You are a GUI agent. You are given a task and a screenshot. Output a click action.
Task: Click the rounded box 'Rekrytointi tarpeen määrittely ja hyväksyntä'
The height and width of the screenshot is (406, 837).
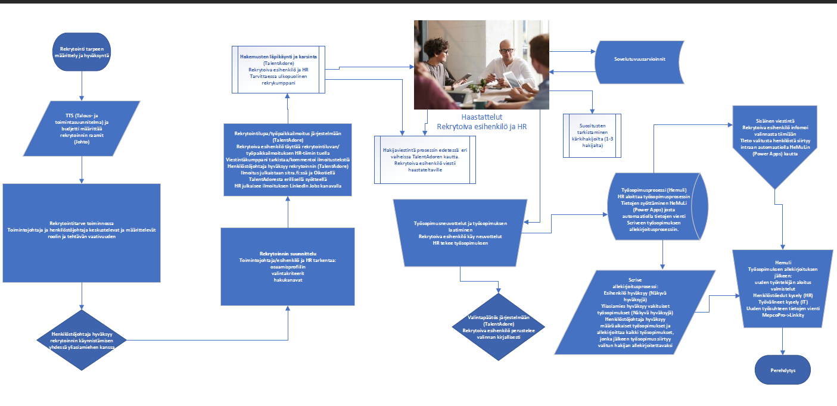(x=81, y=52)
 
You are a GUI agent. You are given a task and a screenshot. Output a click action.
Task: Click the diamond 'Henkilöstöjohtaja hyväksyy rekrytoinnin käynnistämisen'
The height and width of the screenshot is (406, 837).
(x=82, y=340)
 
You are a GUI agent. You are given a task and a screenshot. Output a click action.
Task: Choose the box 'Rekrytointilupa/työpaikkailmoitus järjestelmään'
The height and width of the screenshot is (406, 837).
(x=288, y=159)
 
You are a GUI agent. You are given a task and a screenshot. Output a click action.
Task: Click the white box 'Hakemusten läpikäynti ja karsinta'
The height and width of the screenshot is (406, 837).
(x=278, y=70)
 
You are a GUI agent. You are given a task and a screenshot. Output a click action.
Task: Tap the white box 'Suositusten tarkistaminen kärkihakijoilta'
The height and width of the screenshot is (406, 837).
(x=592, y=135)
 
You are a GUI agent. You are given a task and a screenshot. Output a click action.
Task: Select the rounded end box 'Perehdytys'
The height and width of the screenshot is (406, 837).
(x=782, y=370)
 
